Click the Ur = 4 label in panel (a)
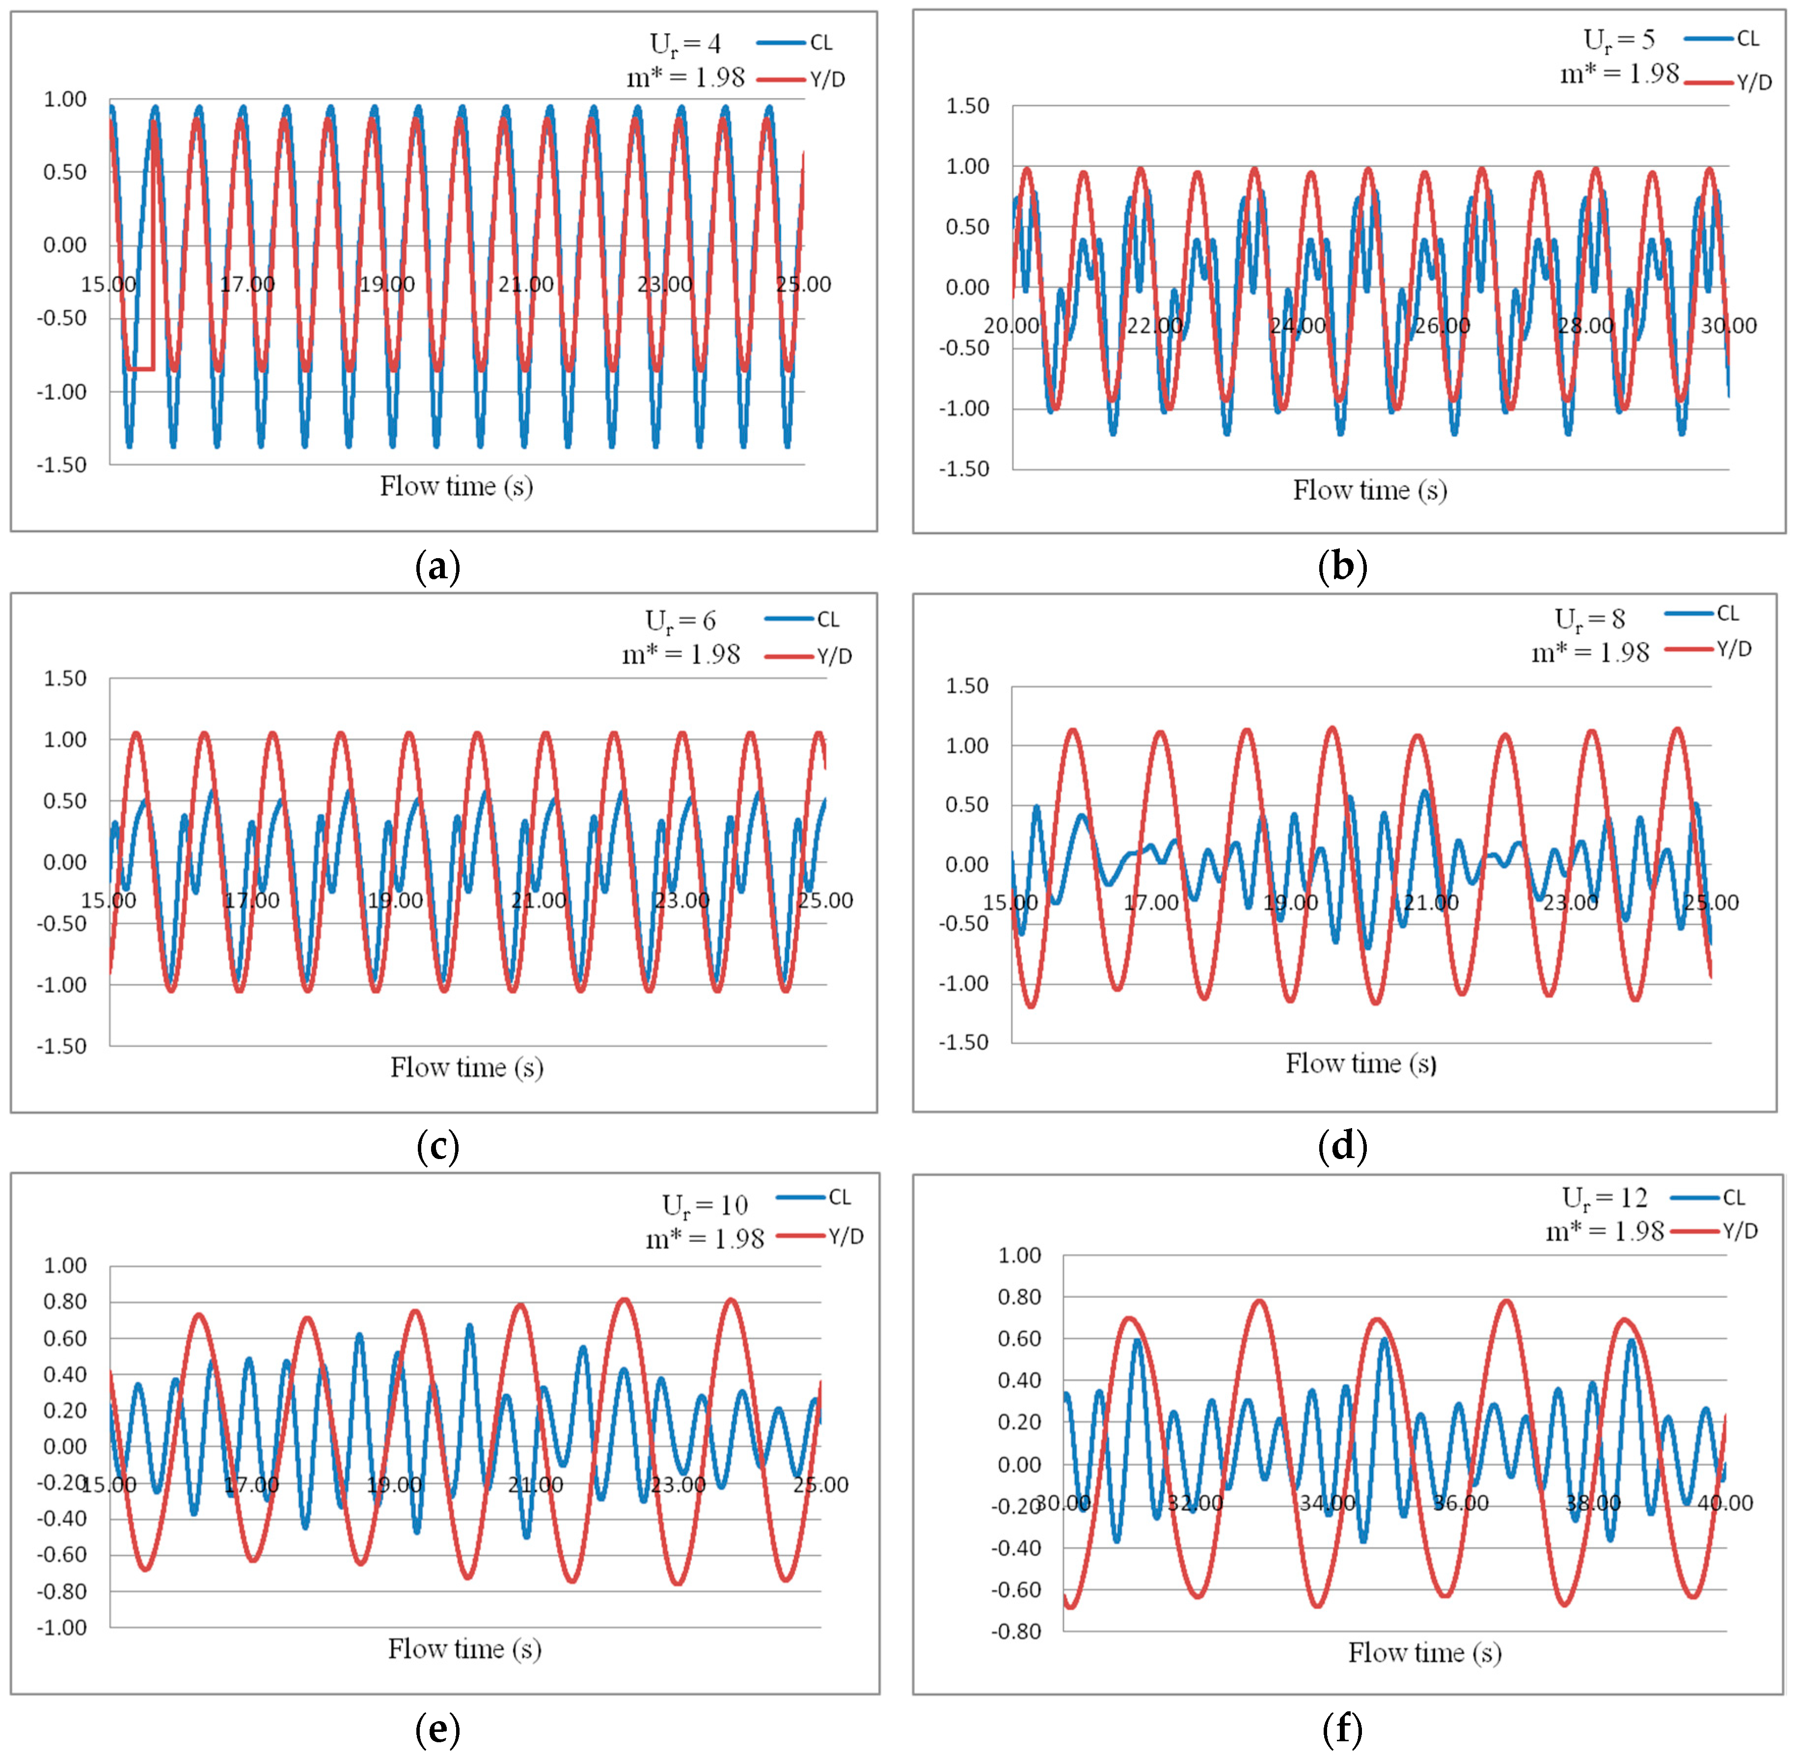pos(685,44)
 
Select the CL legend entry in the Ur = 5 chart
pos(1721,39)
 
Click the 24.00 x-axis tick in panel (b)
pos(1298,325)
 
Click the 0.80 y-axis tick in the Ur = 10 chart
pos(64,1301)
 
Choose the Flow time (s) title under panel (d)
pos(1360,1064)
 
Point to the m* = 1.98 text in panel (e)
pos(705,1239)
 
